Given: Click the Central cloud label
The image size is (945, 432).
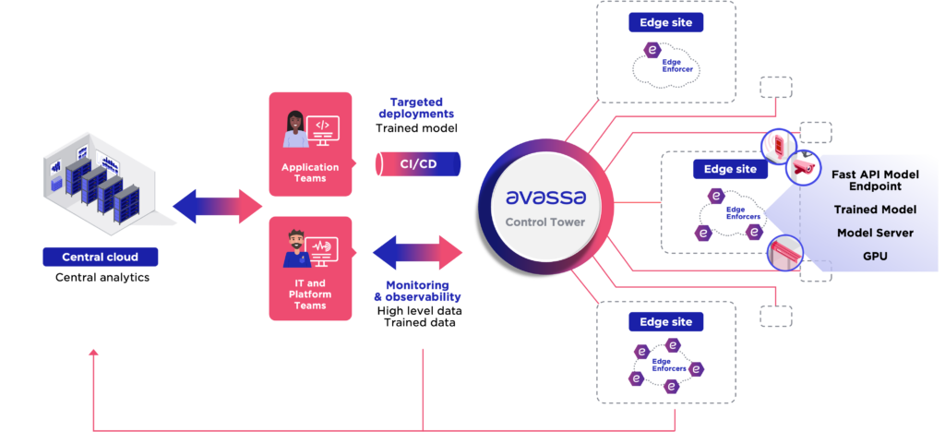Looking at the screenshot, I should (x=100, y=257).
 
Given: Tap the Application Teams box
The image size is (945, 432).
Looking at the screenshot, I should (x=310, y=144).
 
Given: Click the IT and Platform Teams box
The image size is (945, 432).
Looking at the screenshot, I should (x=310, y=268).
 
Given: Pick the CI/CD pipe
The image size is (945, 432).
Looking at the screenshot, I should (x=417, y=164).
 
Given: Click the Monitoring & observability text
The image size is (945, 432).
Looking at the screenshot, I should (x=417, y=291).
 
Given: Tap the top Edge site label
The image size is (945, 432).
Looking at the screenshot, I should (x=665, y=22).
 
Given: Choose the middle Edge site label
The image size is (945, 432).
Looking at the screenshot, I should (x=730, y=169).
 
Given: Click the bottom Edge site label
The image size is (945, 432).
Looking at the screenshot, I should (x=665, y=321).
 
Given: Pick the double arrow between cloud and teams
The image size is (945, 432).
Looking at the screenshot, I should (x=218, y=206).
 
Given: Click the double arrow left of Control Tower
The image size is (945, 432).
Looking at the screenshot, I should (x=417, y=252).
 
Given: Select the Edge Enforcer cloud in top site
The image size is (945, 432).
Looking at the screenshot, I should (x=665, y=64).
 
